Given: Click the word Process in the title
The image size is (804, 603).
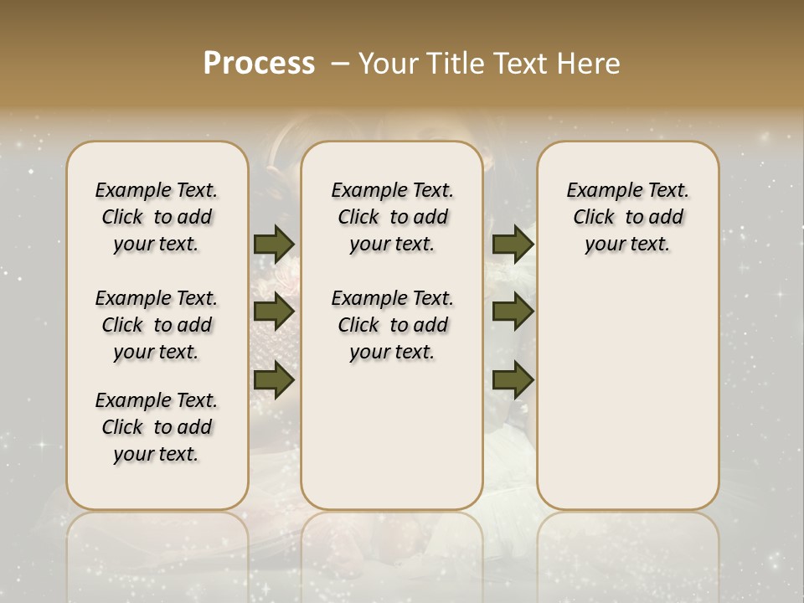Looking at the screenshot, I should [x=259, y=64].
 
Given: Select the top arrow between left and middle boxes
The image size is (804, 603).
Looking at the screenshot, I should [x=274, y=244].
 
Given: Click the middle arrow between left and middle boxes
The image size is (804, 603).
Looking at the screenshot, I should [x=274, y=312].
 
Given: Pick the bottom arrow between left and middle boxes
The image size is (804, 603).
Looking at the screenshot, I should [x=274, y=381].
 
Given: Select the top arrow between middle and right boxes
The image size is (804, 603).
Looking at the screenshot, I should [x=513, y=244].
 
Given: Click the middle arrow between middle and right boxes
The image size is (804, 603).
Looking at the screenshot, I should [x=513, y=312].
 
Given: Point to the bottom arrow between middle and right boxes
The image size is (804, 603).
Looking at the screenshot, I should [x=513, y=381].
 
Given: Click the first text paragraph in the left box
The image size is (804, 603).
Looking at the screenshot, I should [x=157, y=217].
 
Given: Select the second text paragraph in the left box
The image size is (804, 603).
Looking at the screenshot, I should [x=157, y=325].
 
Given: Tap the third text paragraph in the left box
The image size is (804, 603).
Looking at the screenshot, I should [x=157, y=427].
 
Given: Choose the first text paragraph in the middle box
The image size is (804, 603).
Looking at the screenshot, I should [x=392, y=217].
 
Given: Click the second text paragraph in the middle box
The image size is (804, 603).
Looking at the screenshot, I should [x=392, y=325].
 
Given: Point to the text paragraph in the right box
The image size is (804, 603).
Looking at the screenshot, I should [x=628, y=217].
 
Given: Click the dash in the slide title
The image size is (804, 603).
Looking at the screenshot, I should [x=341, y=64].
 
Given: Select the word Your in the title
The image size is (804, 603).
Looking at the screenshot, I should [x=389, y=64].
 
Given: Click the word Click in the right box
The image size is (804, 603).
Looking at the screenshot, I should [x=594, y=218].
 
